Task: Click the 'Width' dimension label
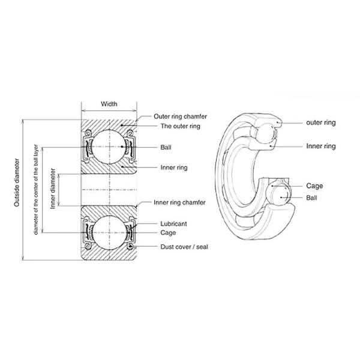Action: click(109, 104)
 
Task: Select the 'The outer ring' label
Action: click(179, 127)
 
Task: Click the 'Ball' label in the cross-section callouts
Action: click(166, 147)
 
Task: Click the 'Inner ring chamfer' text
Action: click(179, 203)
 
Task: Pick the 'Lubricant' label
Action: click(173, 223)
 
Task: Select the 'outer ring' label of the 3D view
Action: click(320, 122)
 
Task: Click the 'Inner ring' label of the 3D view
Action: click(320, 146)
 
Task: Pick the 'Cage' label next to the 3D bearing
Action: click(314, 186)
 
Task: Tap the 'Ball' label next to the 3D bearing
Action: click(312, 197)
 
